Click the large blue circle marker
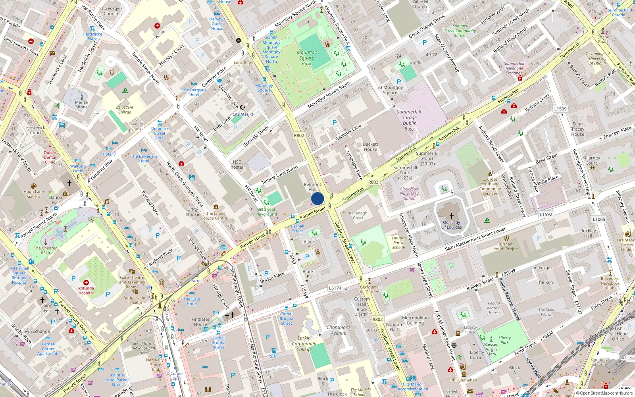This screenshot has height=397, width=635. pos(317,198)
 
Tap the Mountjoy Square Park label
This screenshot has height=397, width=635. pos(307,58)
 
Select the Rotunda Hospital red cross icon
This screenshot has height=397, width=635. pos(86,283)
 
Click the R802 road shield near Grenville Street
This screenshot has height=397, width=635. pos(299,135)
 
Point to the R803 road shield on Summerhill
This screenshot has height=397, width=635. pos(373,182)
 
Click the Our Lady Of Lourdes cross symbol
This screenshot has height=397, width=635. pos(452,216)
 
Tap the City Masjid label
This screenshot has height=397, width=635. pos(242,114)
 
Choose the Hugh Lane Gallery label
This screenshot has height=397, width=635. pos(34,194)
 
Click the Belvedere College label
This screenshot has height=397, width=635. pos(125,110)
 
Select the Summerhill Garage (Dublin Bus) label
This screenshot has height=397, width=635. pos(409,120)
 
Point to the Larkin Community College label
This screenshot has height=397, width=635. pos(304,344)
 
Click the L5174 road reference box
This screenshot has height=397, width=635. pos(335,288)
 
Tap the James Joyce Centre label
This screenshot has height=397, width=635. pos(216,216)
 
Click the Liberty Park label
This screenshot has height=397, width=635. pos(504,340)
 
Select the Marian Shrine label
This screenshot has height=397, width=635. pos(82,104)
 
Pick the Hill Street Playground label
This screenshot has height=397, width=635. pos(266,212)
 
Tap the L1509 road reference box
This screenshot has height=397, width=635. pos(560,109)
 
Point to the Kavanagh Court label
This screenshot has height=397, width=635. pos(358,215)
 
